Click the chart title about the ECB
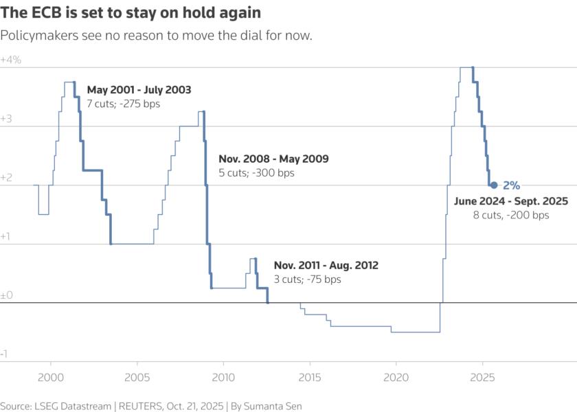131,13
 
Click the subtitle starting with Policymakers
157,36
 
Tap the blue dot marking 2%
494,185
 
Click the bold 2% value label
511,185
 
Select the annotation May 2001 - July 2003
139,90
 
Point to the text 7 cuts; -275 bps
121,104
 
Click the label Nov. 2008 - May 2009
273,159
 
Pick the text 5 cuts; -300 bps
256,173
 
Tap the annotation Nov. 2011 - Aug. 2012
326,265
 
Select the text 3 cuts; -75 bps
307,279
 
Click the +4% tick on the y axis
11,60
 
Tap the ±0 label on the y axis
8,295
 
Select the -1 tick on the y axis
5,354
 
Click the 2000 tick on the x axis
50,377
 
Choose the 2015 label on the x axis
309,377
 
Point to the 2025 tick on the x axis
482,377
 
